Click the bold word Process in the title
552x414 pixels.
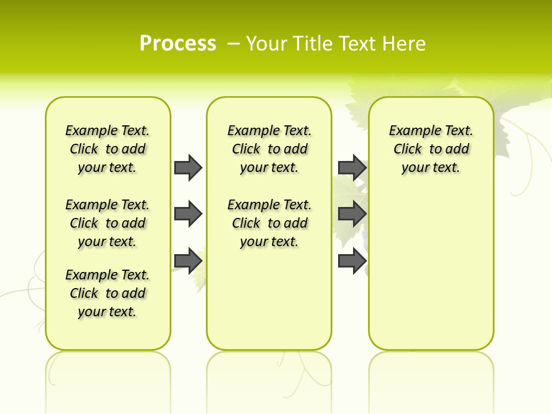pyautogui.click(x=178, y=43)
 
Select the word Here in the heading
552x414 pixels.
pyautogui.click(x=404, y=43)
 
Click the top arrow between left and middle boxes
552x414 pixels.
pyautogui.click(x=187, y=167)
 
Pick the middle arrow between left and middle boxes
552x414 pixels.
pyautogui.click(x=187, y=214)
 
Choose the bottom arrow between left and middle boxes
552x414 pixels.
pyautogui.click(x=187, y=260)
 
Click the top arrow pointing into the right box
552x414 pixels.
pyautogui.click(x=352, y=167)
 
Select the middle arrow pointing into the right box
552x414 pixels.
pyautogui.click(x=352, y=214)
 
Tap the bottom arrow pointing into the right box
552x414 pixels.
pyautogui.click(x=352, y=260)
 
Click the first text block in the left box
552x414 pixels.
pyautogui.click(x=108, y=149)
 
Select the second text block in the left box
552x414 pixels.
pyautogui.click(x=108, y=223)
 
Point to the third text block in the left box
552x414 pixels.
pyautogui.click(x=108, y=293)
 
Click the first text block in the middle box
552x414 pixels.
pyautogui.click(x=269, y=149)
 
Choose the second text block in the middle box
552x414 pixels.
pyautogui.click(x=269, y=223)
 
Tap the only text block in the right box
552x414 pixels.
pyautogui.click(x=431, y=149)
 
